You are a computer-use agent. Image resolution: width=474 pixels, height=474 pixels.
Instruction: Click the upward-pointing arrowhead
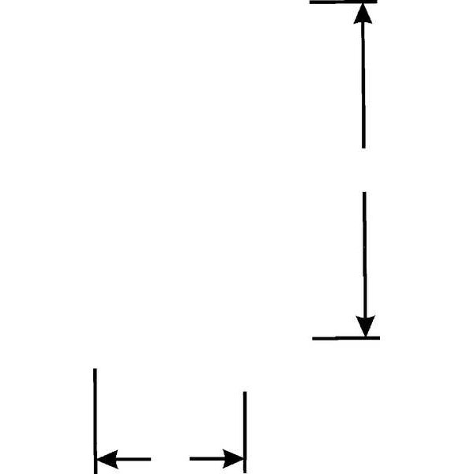[362, 13]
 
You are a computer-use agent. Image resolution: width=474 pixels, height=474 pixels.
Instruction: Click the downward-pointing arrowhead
[365, 326]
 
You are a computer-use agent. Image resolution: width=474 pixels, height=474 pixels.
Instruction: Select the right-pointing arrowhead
[234, 458]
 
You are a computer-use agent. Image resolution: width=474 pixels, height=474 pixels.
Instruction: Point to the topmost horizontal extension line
[343, 2]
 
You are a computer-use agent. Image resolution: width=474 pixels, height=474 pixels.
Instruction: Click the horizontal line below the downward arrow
[346, 338]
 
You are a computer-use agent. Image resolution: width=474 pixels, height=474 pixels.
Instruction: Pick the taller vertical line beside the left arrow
[95, 419]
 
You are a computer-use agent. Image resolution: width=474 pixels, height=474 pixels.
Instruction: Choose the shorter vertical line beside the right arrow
[245, 431]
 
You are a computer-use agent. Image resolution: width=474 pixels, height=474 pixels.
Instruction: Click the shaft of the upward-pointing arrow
[363, 87]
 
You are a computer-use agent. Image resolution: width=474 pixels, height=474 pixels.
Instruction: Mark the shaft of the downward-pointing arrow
[364, 253]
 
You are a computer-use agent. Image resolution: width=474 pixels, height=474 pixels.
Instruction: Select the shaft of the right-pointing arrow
[207, 458]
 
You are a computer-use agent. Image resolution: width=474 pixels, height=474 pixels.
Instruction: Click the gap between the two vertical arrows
[363, 170]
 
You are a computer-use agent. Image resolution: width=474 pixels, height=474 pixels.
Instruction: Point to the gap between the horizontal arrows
[170, 458]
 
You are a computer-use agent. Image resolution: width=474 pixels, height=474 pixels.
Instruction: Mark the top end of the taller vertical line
[95, 370]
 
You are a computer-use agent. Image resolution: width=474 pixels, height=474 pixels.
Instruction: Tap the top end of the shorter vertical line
[245, 393]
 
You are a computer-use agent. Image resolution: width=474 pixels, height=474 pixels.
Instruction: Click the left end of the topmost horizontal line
[311, 2]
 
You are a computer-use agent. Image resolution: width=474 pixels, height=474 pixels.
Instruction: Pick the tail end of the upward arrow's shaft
[363, 147]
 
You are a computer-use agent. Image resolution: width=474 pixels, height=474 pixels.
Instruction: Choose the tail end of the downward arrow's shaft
[364, 193]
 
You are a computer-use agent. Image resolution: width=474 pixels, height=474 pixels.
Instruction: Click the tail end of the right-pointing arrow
[191, 458]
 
